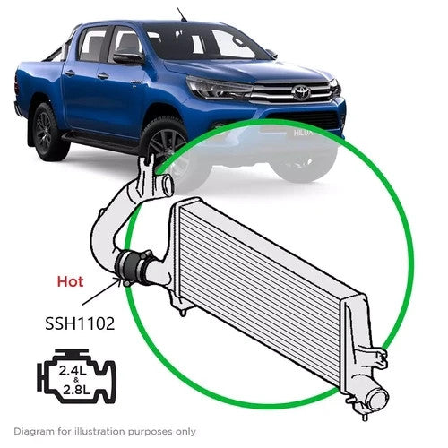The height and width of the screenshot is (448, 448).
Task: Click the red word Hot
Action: [x=70, y=281]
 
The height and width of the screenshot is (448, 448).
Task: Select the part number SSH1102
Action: [x=80, y=323]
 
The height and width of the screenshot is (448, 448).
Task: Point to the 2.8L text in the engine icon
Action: [x=76, y=389]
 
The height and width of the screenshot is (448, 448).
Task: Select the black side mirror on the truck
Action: [x=127, y=57]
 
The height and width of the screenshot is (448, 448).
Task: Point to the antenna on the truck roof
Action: [x=182, y=14]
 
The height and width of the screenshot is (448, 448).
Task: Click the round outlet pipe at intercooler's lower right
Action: [x=378, y=400]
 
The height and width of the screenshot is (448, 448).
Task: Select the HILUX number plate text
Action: [x=304, y=133]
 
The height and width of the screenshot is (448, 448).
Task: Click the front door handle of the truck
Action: [x=102, y=76]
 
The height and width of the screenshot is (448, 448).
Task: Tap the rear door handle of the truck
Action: [x=70, y=73]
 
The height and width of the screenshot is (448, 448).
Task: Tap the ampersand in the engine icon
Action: [x=76, y=380]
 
